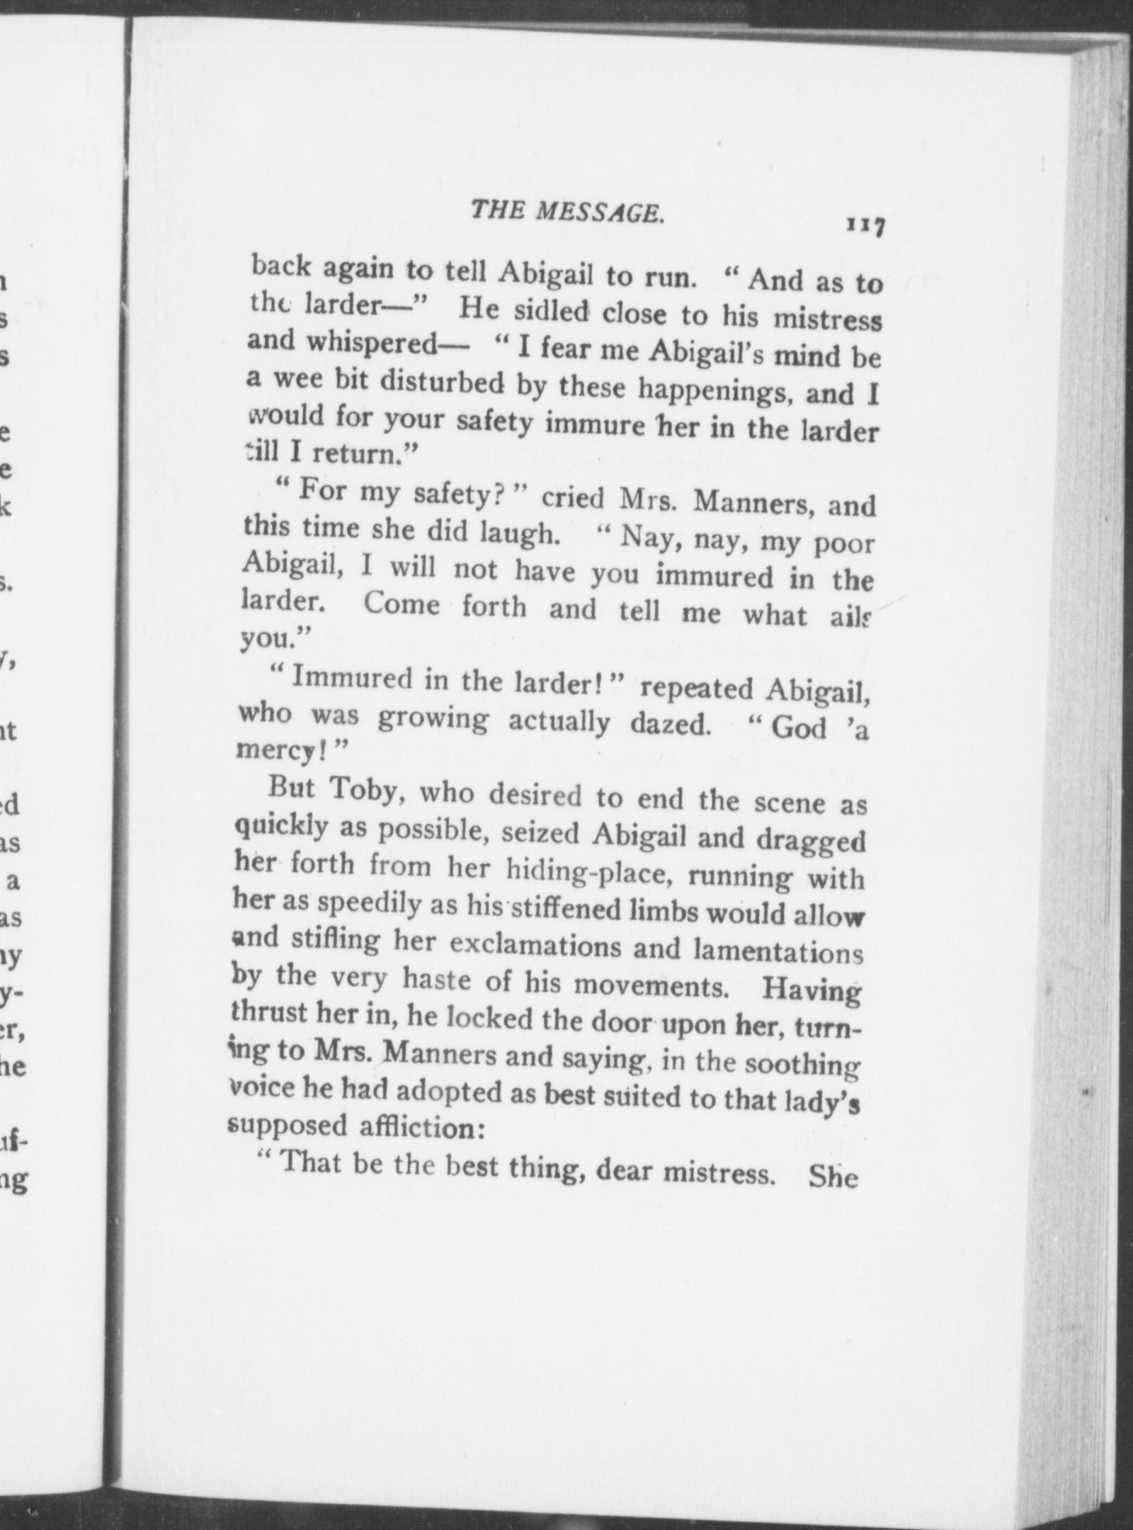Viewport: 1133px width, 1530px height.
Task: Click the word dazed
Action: pyautogui.click(x=668, y=726)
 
